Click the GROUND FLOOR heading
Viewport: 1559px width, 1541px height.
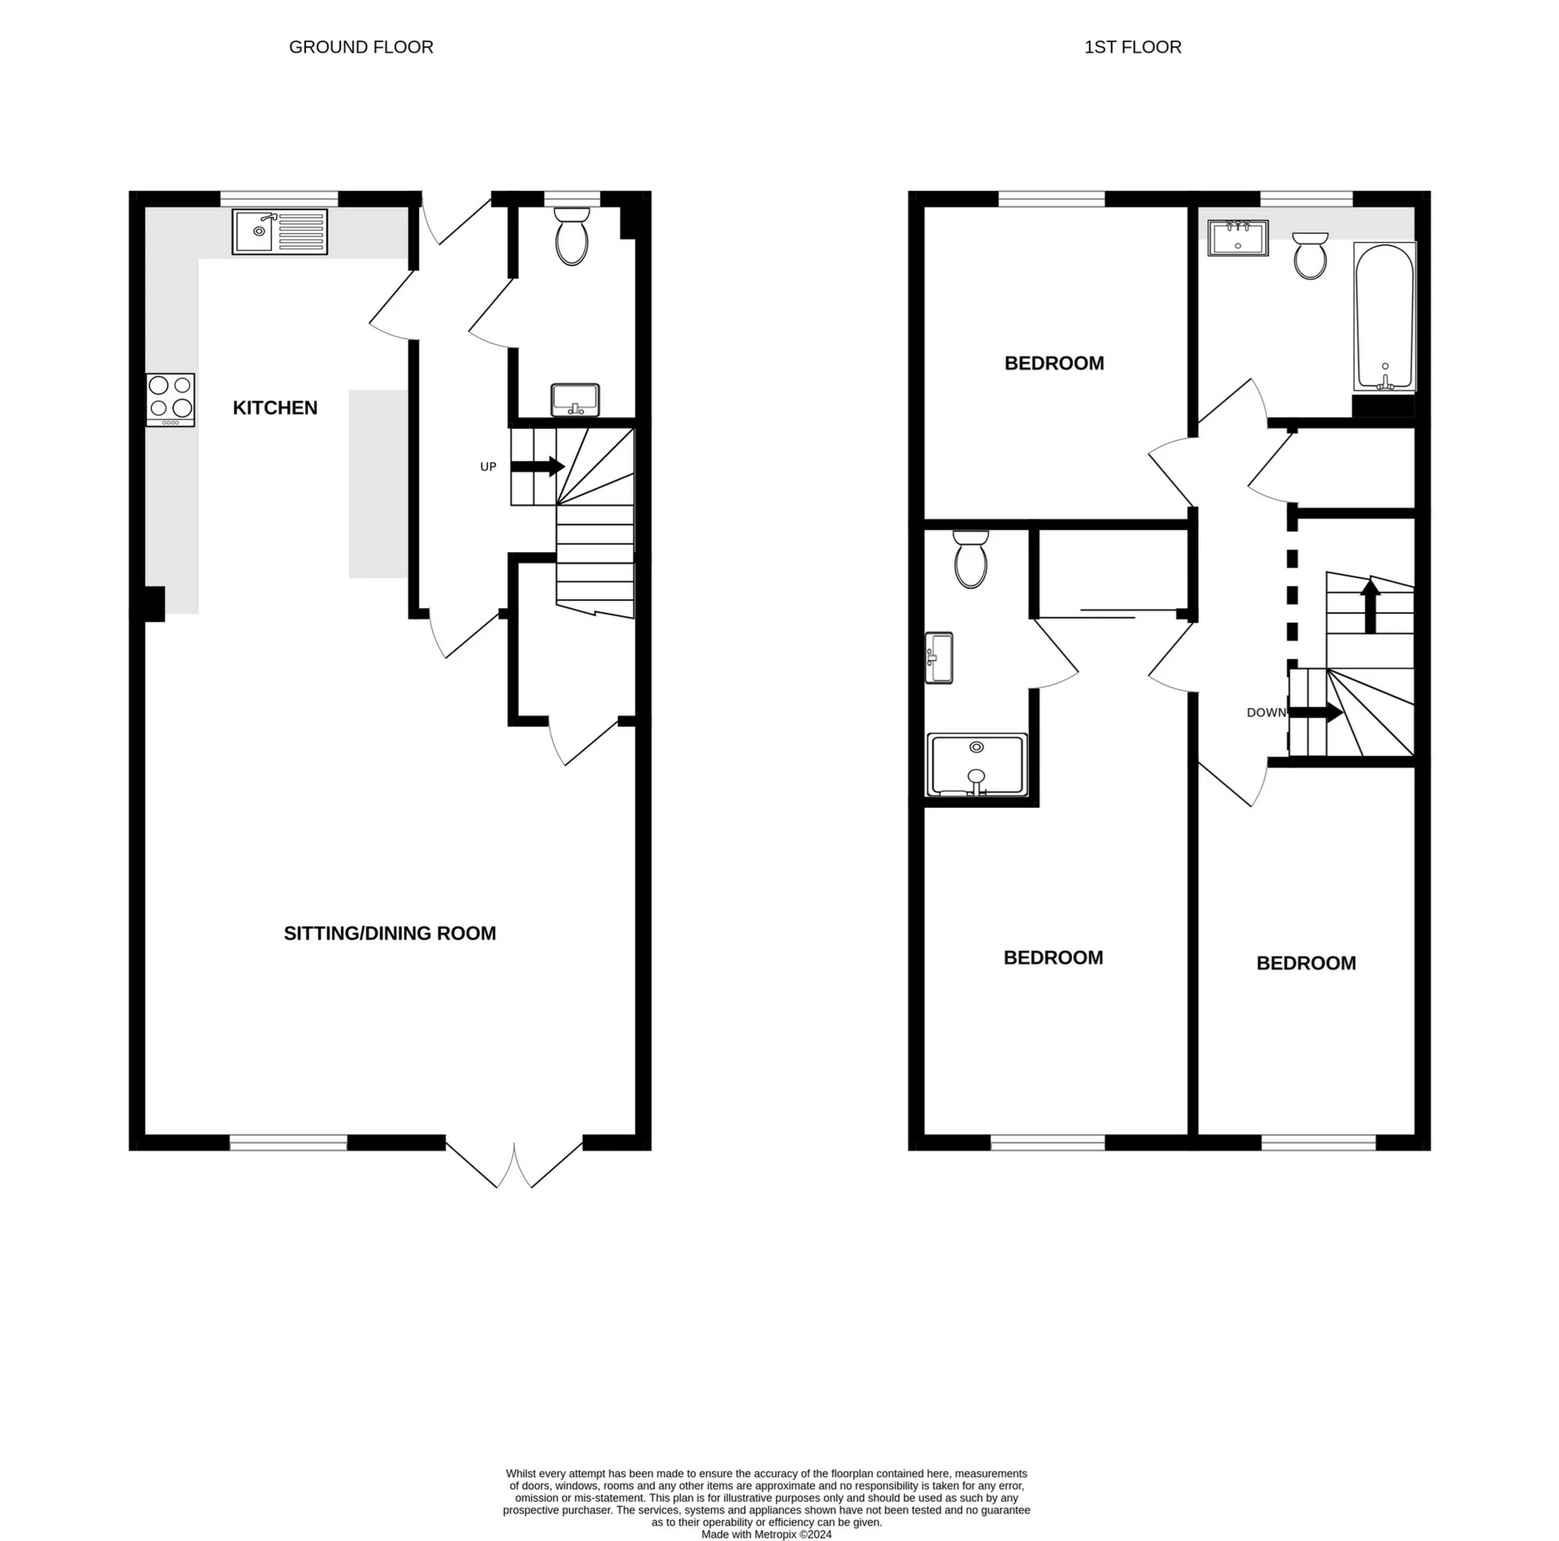pos(361,47)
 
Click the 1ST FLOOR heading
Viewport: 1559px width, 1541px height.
pos(1132,47)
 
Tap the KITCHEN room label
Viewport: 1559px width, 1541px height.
pos(274,408)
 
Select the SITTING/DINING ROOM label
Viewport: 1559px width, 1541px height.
pos(390,933)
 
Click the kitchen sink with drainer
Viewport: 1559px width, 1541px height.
pos(279,231)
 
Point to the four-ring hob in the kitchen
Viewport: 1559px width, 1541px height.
pos(171,399)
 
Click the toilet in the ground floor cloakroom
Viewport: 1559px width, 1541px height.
pos(572,235)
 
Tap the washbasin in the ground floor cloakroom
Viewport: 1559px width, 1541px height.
pos(574,399)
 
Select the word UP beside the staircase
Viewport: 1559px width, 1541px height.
pos(488,467)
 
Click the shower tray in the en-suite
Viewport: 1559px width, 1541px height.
pos(977,765)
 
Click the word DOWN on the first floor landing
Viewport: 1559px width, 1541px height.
pos(1266,712)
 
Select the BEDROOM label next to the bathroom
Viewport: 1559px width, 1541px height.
pos(1054,363)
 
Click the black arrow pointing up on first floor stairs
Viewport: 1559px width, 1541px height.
pos(1370,605)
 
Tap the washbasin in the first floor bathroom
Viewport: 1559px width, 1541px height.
pos(1237,237)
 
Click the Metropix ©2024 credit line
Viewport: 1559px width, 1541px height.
pos(767,1534)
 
